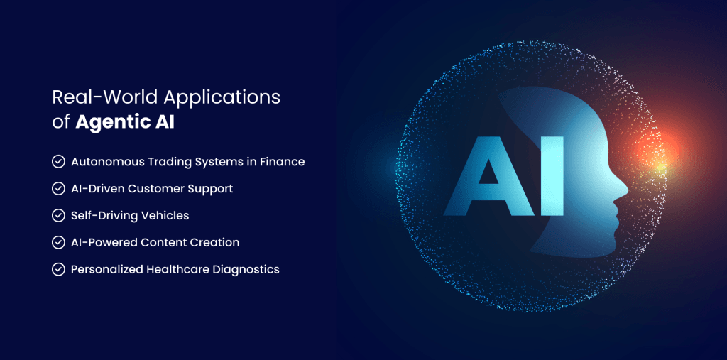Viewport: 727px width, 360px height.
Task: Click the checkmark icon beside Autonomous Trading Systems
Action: coord(58,162)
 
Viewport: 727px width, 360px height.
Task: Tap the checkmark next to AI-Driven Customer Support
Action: coord(58,189)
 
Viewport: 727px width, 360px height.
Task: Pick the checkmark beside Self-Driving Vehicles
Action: coord(58,216)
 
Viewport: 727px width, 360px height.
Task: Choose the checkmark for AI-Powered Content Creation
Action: coord(58,242)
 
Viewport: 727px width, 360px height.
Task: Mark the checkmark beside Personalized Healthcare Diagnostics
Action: coord(58,269)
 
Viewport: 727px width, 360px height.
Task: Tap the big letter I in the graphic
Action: coord(552,176)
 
